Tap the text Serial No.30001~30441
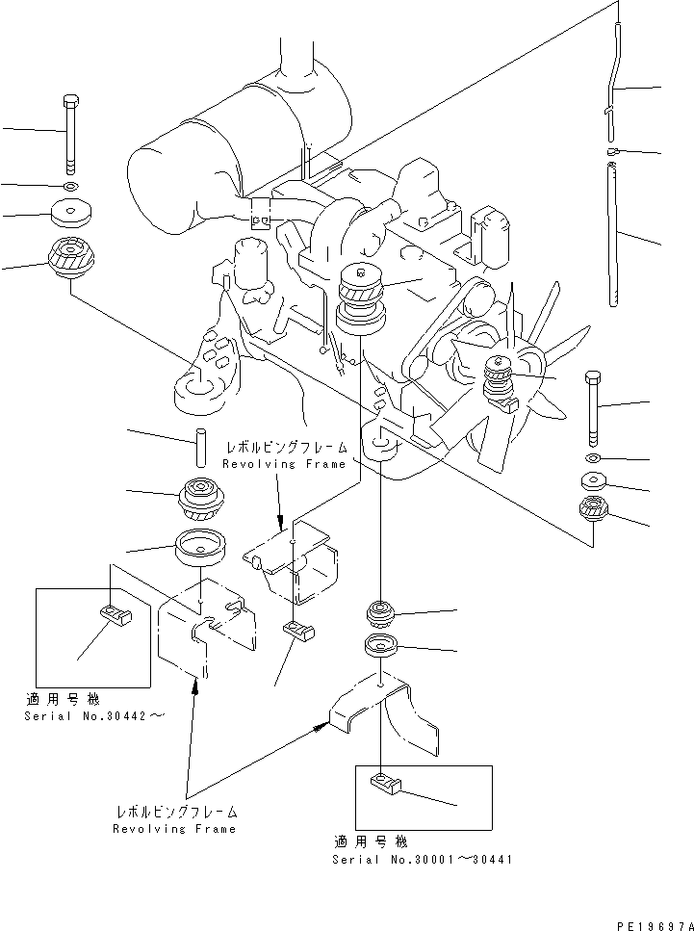(x=422, y=859)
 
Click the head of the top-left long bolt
(x=70, y=101)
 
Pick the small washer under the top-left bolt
(x=70, y=184)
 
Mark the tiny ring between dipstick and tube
(x=612, y=150)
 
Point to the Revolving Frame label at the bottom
(x=174, y=820)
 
